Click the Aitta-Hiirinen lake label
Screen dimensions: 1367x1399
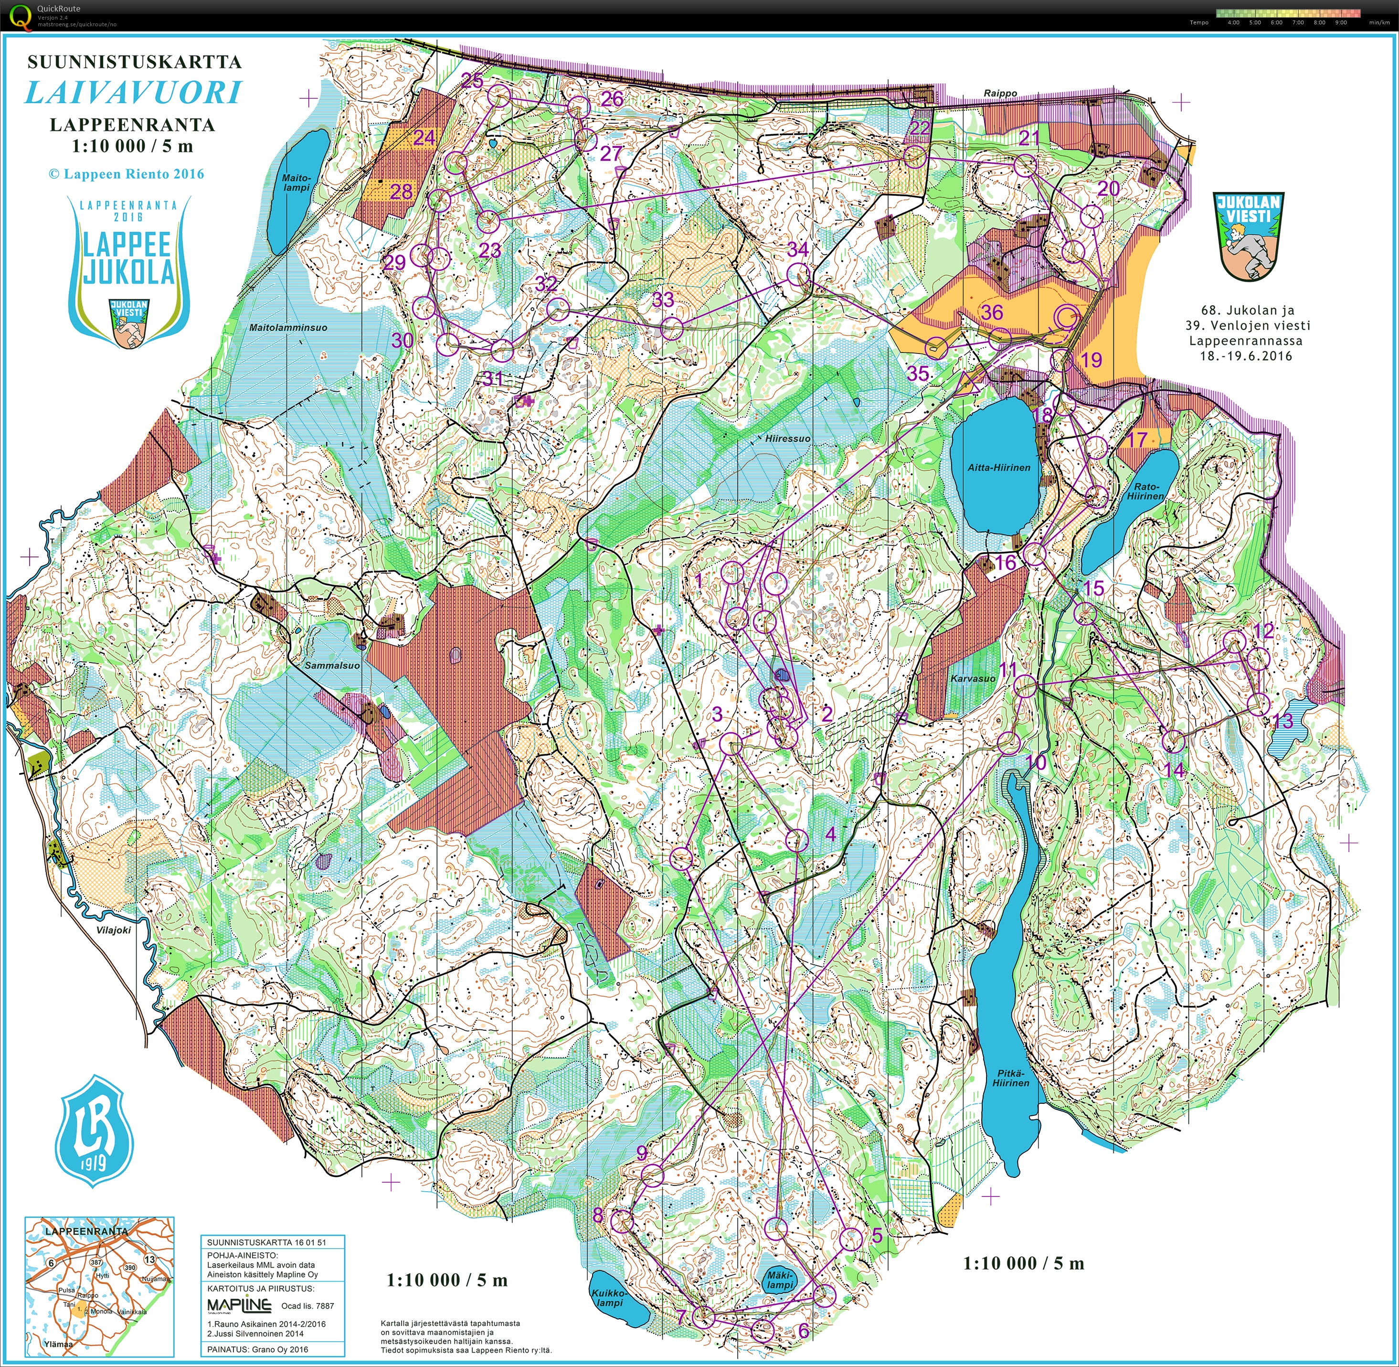click(998, 468)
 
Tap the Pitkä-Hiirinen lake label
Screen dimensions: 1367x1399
click(1011, 1079)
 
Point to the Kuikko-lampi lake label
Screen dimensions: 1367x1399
click(609, 1297)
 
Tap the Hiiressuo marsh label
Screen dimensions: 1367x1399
click(787, 438)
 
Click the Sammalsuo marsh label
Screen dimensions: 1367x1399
click(332, 665)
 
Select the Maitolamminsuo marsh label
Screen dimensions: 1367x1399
click(288, 327)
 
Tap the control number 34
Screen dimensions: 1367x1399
click(797, 249)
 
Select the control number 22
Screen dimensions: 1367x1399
click(920, 128)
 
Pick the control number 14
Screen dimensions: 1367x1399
click(1173, 769)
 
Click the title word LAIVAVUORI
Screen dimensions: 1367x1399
click(134, 93)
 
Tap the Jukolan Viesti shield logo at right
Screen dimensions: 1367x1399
click(1248, 235)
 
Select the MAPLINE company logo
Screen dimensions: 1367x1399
click(239, 1305)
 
